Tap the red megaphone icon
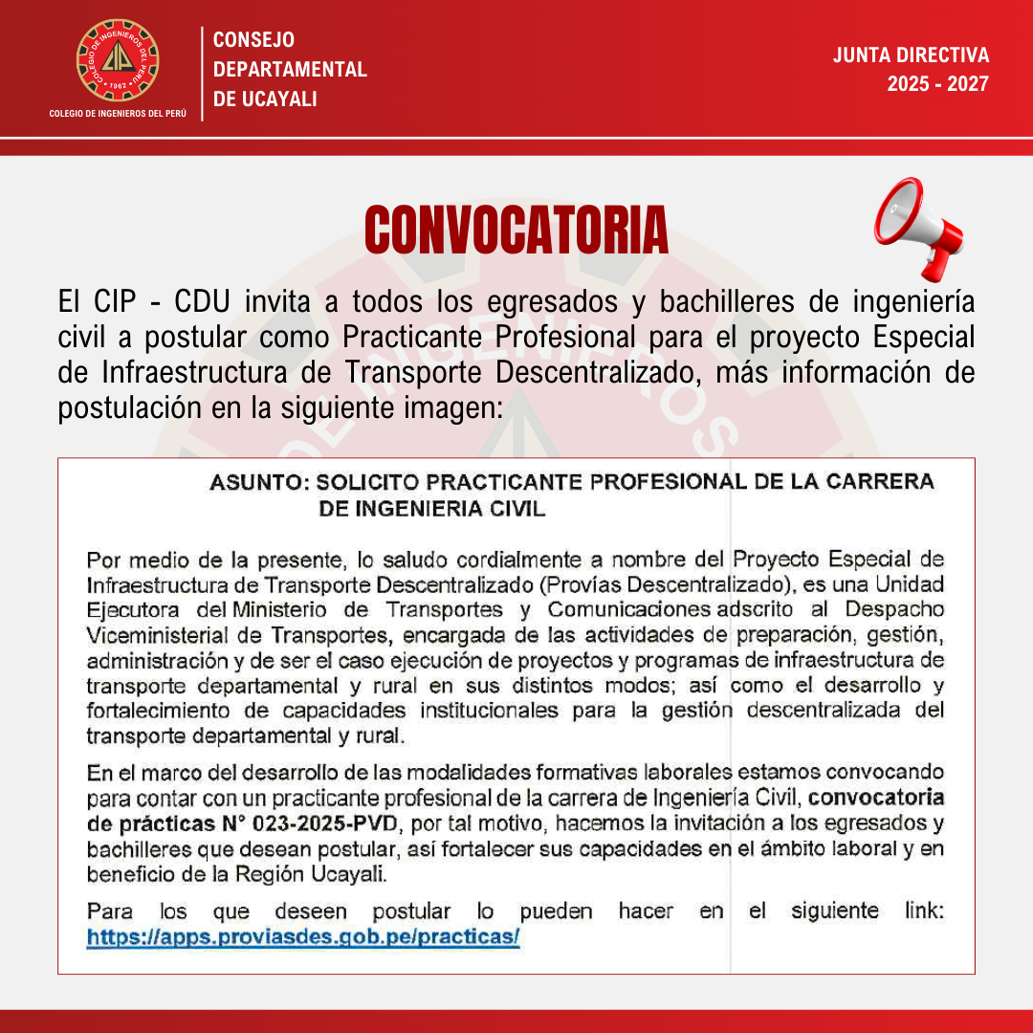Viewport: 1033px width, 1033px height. (x=917, y=227)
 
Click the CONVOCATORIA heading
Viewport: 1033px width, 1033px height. (x=516, y=231)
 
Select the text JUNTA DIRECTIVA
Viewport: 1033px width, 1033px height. (x=911, y=55)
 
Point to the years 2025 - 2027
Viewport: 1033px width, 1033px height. (x=937, y=84)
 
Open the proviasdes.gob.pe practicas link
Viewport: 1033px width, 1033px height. (x=303, y=937)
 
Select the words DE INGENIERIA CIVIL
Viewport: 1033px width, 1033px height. (x=431, y=509)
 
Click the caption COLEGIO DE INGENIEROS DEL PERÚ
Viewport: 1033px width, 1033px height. (x=118, y=114)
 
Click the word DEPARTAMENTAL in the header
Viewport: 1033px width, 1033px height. (x=290, y=70)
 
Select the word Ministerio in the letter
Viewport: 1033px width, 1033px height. (x=277, y=609)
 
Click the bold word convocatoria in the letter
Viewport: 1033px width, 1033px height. (x=884, y=798)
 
